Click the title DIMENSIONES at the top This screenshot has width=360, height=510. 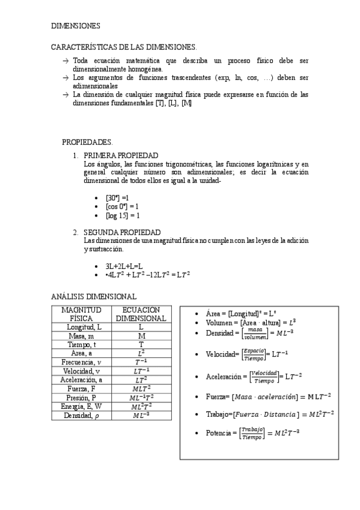click(x=75, y=26)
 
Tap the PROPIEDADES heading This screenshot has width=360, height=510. click(x=87, y=142)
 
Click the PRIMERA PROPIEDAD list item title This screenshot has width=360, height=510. click(x=121, y=155)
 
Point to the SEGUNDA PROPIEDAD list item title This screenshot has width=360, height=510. click(x=122, y=232)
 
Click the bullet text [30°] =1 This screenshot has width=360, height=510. click(x=117, y=197)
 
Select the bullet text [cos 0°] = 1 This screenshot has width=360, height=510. click(x=122, y=206)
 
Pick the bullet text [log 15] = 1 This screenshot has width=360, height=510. click(x=123, y=215)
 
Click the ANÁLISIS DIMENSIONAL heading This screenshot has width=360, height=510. click(x=94, y=296)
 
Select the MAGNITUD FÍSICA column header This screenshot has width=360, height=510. click(x=81, y=313)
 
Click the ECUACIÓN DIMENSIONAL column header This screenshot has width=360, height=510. click(x=141, y=313)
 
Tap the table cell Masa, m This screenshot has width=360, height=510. click(x=81, y=336)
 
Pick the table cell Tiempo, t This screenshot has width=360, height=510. click(x=81, y=345)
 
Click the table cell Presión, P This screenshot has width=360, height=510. click(x=81, y=398)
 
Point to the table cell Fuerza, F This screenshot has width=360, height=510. click(x=81, y=389)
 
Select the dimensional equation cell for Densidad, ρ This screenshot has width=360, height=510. click(x=141, y=415)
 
